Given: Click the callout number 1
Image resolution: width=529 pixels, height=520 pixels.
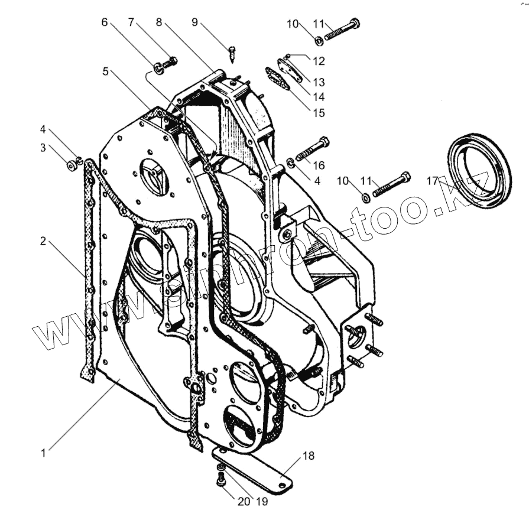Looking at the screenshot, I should coord(43,453).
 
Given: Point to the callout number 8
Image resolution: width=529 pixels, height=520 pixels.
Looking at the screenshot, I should coord(158,22).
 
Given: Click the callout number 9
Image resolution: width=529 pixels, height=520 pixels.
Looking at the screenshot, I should coord(194,22).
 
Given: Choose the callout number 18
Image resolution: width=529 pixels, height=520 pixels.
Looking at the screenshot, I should coord(308,456).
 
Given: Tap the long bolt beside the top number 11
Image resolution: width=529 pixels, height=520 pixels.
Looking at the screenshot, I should coord(342,28).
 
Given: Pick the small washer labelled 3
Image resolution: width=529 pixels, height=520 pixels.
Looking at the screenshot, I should coord(71,165).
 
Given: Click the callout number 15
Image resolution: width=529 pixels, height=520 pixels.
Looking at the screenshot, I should coord(318,112).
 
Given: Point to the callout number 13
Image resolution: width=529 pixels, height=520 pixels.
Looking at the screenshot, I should coord(319,82).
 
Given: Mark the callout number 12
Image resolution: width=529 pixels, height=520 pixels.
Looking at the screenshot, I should coord(319,60).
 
